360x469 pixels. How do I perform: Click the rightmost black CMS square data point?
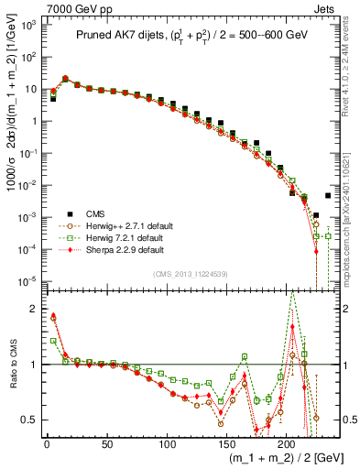(328, 195)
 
